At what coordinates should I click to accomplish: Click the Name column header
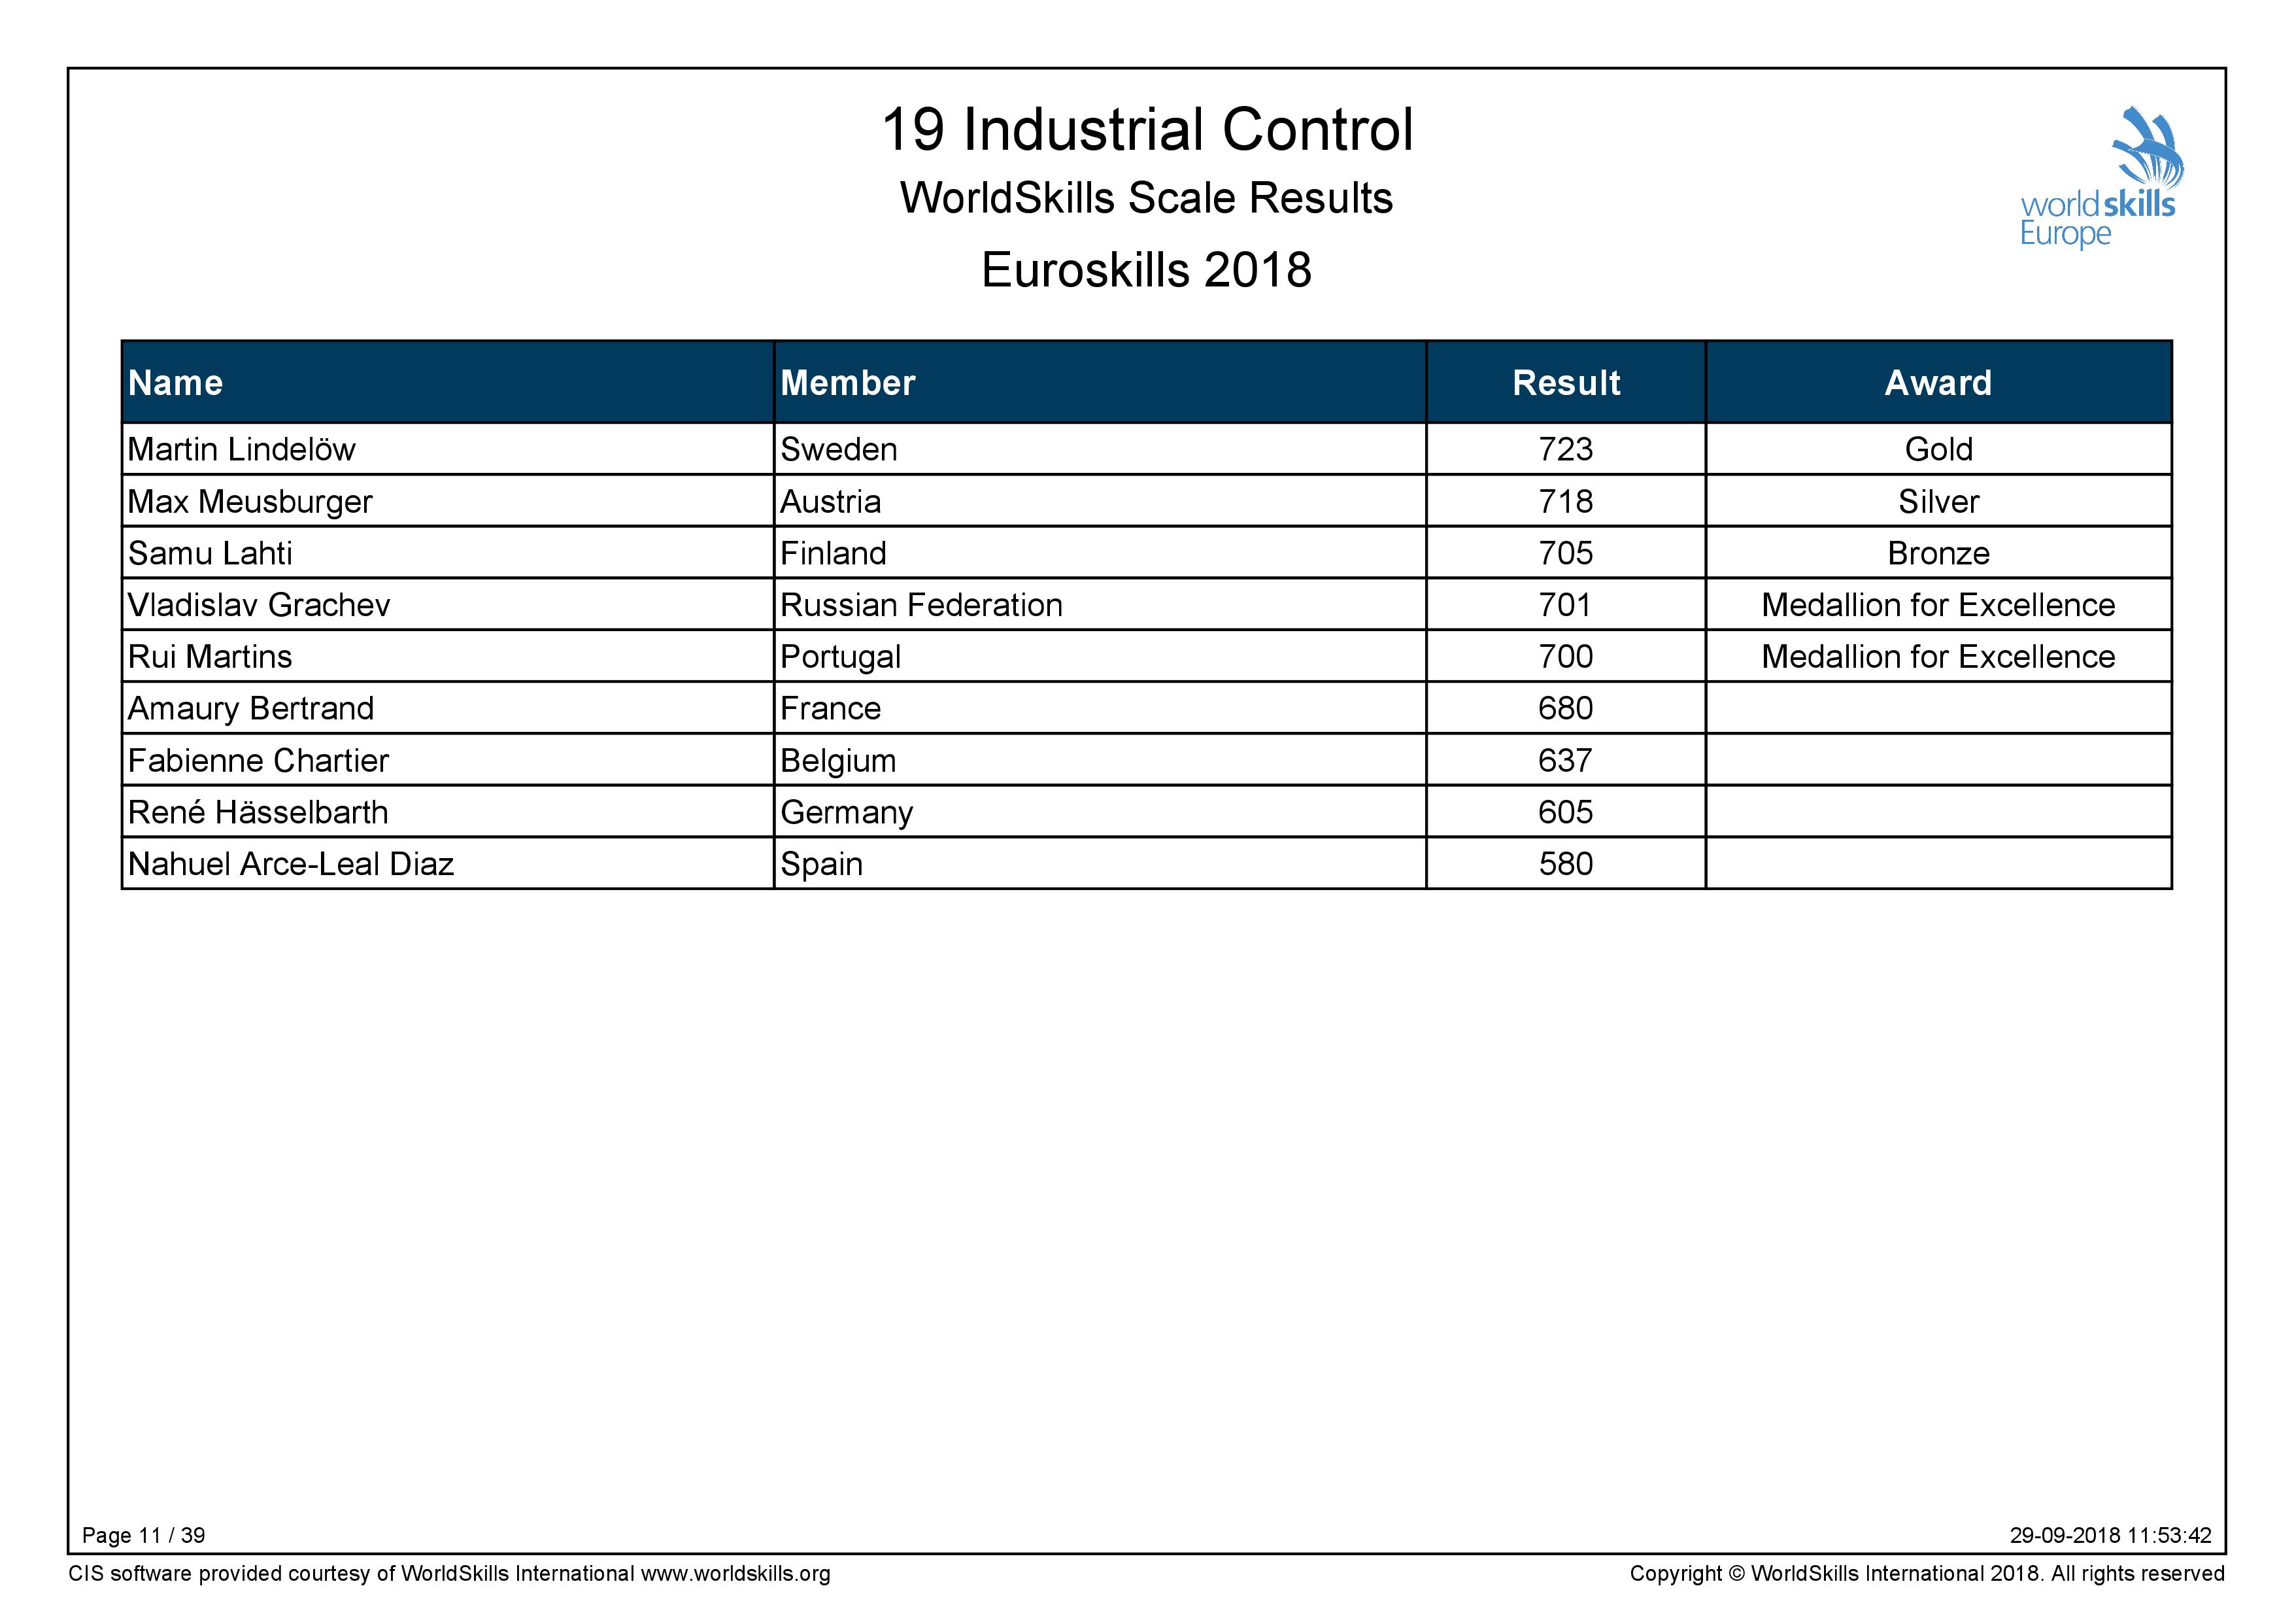point(176,383)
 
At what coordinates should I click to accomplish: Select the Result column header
point(1566,383)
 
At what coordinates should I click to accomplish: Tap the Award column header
point(1938,383)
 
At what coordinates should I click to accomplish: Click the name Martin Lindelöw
point(242,450)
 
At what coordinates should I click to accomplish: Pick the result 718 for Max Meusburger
point(1566,502)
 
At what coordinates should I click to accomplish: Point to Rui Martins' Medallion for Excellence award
point(1938,657)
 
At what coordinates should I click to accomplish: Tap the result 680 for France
point(1566,708)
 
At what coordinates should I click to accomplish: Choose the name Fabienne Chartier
point(258,761)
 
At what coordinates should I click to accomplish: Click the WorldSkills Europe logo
point(2097,178)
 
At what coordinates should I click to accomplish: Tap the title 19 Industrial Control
point(1147,130)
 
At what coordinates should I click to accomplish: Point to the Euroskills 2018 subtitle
point(1146,270)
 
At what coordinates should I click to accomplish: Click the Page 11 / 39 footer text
point(144,1535)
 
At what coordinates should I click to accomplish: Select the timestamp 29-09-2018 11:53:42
point(2111,1535)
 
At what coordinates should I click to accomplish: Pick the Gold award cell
point(1938,450)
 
